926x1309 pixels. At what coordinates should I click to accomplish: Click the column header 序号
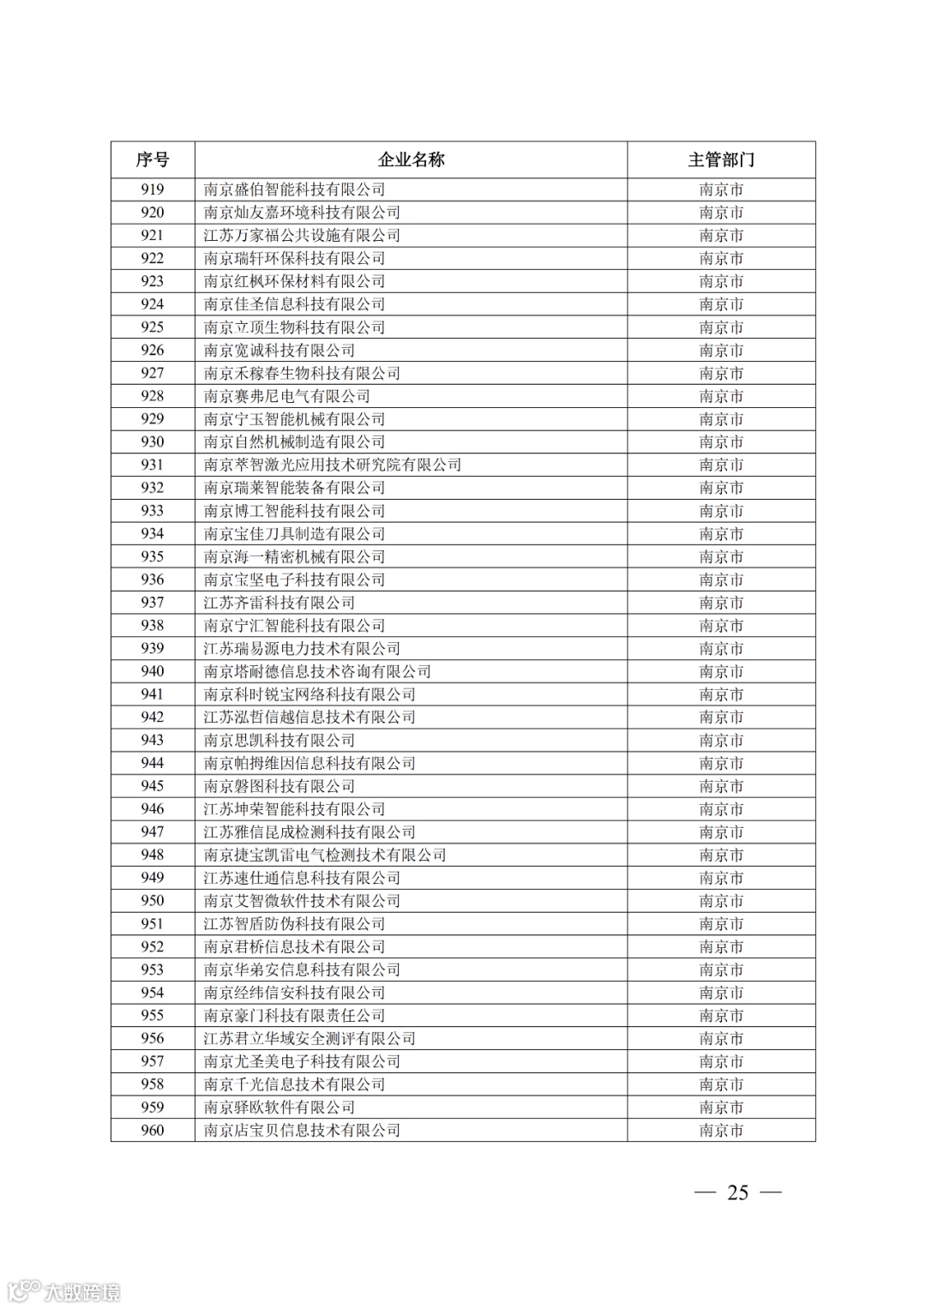(x=153, y=159)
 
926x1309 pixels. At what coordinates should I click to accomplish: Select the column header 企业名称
(x=411, y=159)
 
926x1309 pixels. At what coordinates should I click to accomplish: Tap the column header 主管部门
(x=721, y=159)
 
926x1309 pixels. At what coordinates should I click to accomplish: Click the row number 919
(x=153, y=189)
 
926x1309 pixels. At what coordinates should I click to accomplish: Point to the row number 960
(x=153, y=1130)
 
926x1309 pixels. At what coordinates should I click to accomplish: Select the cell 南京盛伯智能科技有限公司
(x=294, y=189)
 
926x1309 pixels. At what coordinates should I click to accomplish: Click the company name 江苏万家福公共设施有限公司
(x=302, y=235)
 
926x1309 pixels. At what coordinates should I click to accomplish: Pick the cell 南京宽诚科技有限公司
(x=280, y=350)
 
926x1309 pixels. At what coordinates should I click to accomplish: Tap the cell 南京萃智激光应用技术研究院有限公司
(x=333, y=465)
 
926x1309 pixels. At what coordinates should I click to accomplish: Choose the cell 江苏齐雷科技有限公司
(x=280, y=603)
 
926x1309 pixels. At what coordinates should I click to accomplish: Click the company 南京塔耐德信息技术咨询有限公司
(x=317, y=671)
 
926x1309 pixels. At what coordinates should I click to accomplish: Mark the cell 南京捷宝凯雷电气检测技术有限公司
(x=325, y=855)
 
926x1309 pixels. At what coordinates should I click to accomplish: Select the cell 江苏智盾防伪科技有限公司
(x=294, y=923)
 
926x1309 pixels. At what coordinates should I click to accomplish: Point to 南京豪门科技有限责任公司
(x=294, y=1015)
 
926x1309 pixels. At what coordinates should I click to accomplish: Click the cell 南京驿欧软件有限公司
(x=280, y=1107)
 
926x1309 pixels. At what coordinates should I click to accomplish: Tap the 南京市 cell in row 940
(x=721, y=671)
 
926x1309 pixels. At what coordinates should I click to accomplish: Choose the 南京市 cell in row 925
(x=721, y=327)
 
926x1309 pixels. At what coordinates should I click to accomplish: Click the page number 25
(x=737, y=1192)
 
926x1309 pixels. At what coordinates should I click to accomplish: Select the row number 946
(x=153, y=809)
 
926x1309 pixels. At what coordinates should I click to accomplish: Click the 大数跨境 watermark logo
(x=63, y=1291)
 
